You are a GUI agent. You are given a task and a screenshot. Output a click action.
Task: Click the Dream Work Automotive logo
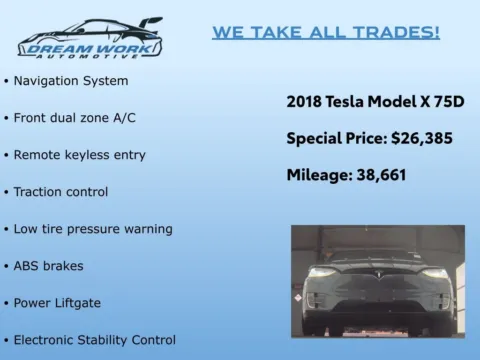point(90,38)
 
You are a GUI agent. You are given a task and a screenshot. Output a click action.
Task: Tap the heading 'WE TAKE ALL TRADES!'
point(325,32)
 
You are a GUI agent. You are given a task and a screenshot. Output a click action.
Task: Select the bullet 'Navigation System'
point(70,80)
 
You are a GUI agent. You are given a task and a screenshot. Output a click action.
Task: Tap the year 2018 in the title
point(305,101)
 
